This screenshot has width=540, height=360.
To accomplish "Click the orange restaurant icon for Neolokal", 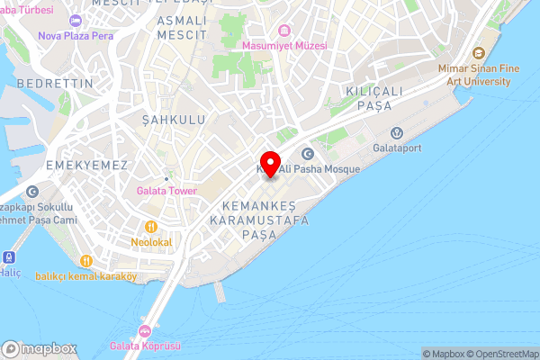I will click(x=151, y=227).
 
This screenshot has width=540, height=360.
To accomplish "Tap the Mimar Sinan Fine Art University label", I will click(x=474, y=75).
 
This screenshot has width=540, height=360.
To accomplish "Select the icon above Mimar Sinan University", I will click(x=476, y=53).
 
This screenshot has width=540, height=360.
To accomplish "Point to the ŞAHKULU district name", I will click(x=174, y=119).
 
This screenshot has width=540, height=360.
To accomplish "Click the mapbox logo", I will click(x=40, y=349).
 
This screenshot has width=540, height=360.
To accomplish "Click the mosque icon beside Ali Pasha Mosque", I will click(x=306, y=154).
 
